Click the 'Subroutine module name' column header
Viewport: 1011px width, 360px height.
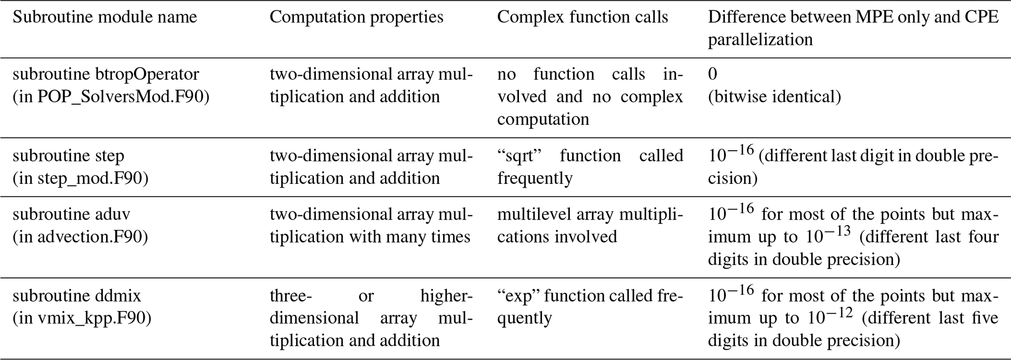point(105,17)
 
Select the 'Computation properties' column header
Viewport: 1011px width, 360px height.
point(357,17)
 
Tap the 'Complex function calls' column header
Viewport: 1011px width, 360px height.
point(583,17)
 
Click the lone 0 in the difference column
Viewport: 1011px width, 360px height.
point(713,74)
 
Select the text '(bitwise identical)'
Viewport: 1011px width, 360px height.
point(775,97)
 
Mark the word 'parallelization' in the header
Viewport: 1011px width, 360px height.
point(761,40)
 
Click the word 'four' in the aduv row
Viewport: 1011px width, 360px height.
point(983,237)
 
